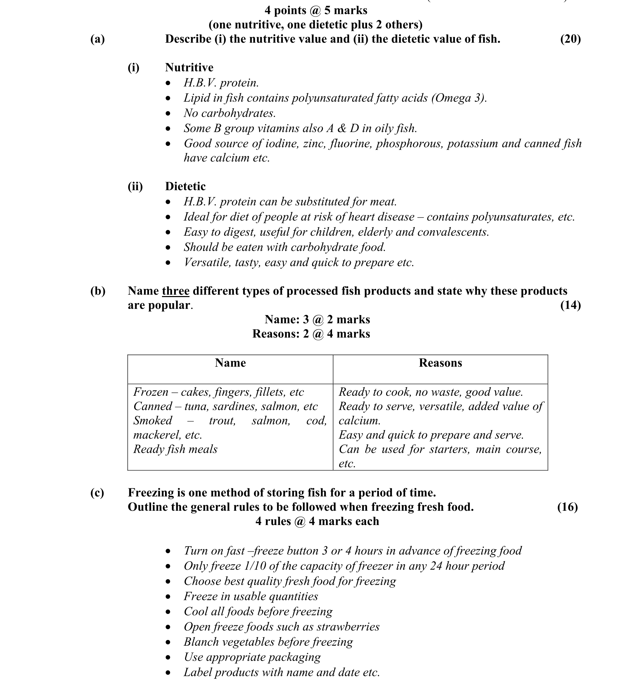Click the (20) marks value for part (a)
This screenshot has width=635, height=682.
(570, 39)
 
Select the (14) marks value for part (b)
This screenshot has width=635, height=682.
(570, 305)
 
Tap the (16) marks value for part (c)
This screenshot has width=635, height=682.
(567, 507)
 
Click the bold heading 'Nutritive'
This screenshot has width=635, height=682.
(189, 67)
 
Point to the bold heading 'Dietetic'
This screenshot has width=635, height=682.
(185, 186)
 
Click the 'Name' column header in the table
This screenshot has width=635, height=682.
(230, 363)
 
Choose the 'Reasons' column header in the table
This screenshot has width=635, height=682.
(440, 363)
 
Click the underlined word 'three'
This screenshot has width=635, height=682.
(176, 291)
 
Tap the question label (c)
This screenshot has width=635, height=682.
(97, 493)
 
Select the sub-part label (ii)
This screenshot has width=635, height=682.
(135, 186)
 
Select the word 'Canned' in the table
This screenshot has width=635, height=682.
(152, 407)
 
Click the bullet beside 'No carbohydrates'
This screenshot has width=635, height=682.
(168, 114)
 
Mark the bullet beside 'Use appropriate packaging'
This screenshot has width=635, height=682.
(168, 658)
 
